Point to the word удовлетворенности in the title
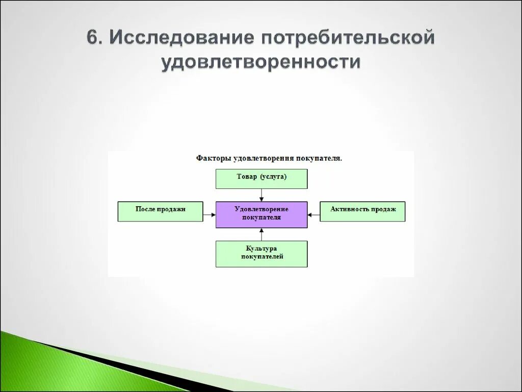[x=261, y=62]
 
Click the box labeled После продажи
[x=160, y=211]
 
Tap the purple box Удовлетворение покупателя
[x=262, y=214]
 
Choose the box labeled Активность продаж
[x=362, y=211]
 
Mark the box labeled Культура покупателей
[x=262, y=254]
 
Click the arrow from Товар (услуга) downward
[x=262, y=195]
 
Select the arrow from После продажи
[x=209, y=215]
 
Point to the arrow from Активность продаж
[x=314, y=215]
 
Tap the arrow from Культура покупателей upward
[x=262, y=234]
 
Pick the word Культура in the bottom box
[x=261, y=249]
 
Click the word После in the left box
[x=145, y=209]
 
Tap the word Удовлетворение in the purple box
[x=262, y=209]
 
